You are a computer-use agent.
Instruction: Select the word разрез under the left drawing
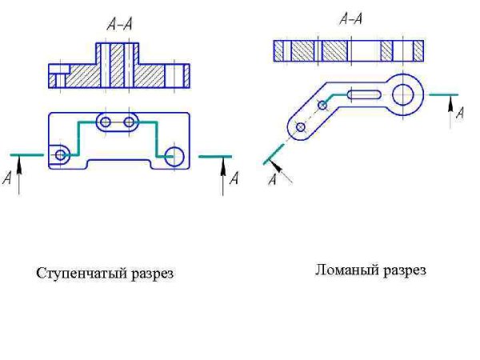[x=150, y=274]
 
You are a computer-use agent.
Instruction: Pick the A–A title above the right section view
[x=351, y=18]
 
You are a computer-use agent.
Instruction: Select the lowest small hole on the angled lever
[x=300, y=127]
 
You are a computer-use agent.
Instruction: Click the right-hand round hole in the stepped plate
[x=174, y=155]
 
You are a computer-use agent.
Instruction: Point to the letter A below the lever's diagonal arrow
[x=272, y=180]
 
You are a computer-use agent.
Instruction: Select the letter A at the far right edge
[x=459, y=114]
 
